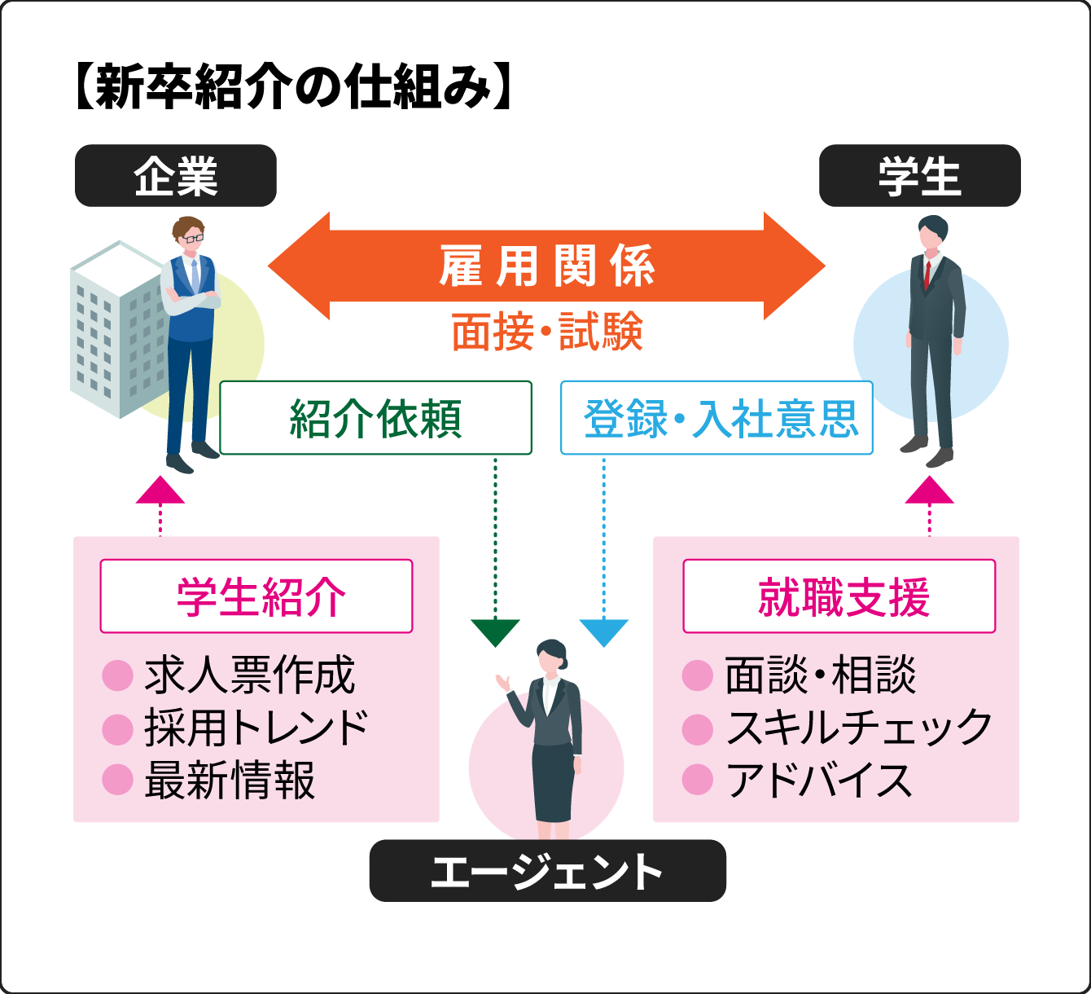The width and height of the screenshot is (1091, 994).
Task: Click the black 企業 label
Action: [x=176, y=176]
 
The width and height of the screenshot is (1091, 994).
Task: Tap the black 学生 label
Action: [x=919, y=176]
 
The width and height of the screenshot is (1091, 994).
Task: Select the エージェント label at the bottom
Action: [x=547, y=871]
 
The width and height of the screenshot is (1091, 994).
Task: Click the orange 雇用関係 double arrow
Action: [x=547, y=266]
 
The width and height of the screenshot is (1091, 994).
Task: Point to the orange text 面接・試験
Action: [x=547, y=332]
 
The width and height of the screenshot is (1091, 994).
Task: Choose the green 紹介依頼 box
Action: [x=375, y=418]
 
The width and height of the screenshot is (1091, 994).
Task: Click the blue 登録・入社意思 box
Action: [x=716, y=418]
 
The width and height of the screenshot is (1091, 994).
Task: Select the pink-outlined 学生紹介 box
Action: [x=256, y=596]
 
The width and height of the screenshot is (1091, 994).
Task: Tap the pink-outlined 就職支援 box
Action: [x=839, y=596]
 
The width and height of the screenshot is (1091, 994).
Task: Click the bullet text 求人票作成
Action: [x=250, y=675]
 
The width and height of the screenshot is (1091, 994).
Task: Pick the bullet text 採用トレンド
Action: [x=256, y=728]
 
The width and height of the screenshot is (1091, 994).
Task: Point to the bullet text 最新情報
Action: [x=230, y=780]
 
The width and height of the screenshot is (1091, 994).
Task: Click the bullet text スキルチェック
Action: [x=859, y=728]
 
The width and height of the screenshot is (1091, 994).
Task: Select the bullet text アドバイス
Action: [x=818, y=780]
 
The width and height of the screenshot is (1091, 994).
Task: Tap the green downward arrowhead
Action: [x=495, y=632]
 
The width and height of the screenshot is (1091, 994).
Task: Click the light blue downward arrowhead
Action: [x=603, y=632]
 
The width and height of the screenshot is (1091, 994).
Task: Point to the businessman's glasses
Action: [x=193, y=239]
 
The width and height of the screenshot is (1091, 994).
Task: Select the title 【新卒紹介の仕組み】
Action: [x=293, y=86]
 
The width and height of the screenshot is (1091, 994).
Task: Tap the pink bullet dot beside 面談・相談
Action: [x=698, y=675]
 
